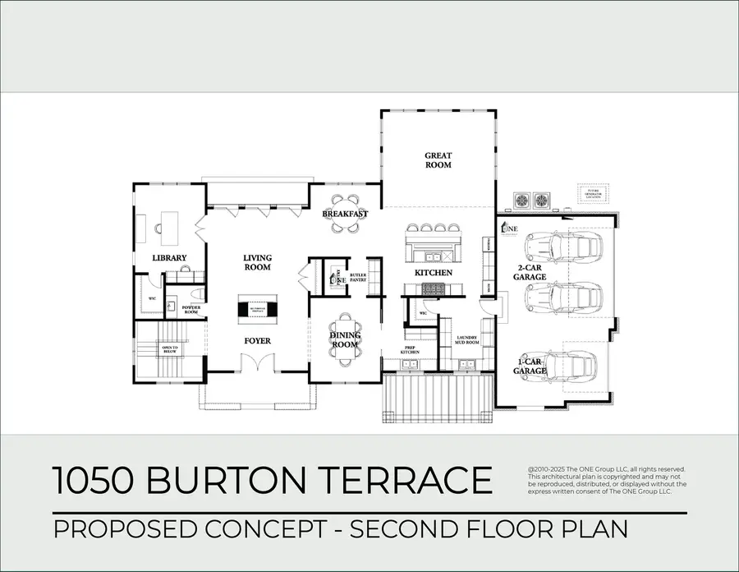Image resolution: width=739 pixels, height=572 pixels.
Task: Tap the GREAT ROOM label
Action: click(438, 159)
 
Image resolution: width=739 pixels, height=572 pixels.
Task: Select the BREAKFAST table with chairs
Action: click(345, 214)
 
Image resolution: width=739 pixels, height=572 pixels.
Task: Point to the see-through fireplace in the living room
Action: click(257, 308)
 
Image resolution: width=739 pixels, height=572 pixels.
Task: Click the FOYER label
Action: click(257, 340)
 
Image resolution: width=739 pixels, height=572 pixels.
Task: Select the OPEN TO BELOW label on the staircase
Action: click(169, 349)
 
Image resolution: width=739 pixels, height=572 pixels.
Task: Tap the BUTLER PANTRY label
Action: click(357, 278)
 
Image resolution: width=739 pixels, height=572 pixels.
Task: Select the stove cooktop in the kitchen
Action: click(432, 288)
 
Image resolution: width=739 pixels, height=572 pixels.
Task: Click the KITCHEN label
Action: click(432, 272)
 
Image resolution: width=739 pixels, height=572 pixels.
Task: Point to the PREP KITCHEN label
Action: click(410, 350)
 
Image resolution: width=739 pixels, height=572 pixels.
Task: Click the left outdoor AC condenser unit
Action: click(521, 200)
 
